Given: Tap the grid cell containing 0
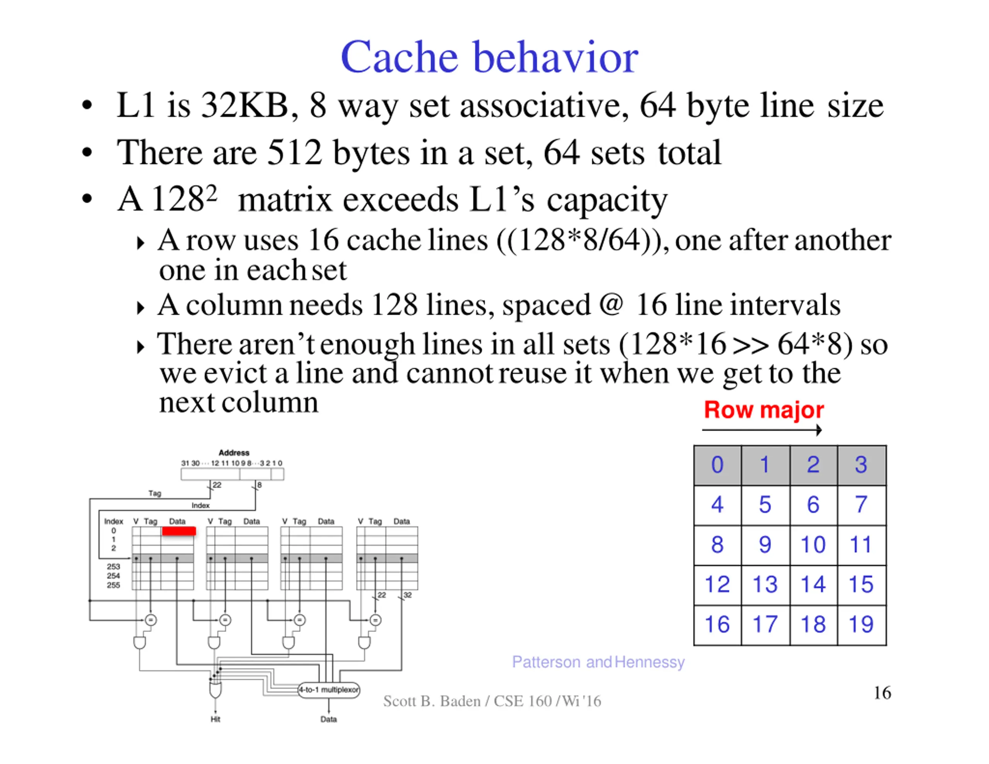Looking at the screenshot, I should point(717,465).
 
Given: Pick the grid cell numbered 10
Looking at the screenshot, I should point(813,545).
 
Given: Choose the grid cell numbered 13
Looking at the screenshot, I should point(765,585).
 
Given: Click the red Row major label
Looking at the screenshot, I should point(763,410).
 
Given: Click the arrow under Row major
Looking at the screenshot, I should point(762,430).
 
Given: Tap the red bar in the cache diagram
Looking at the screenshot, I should point(179,531).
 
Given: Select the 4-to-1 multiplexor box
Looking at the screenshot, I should point(329,690).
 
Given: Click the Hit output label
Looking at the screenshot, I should point(215,719).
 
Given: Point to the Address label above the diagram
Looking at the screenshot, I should point(234,452).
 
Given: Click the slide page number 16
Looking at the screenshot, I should point(882,693).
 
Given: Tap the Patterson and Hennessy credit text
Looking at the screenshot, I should point(598,662).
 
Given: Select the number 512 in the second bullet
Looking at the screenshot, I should point(294,153).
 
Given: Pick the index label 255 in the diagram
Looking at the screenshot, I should point(113,585).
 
